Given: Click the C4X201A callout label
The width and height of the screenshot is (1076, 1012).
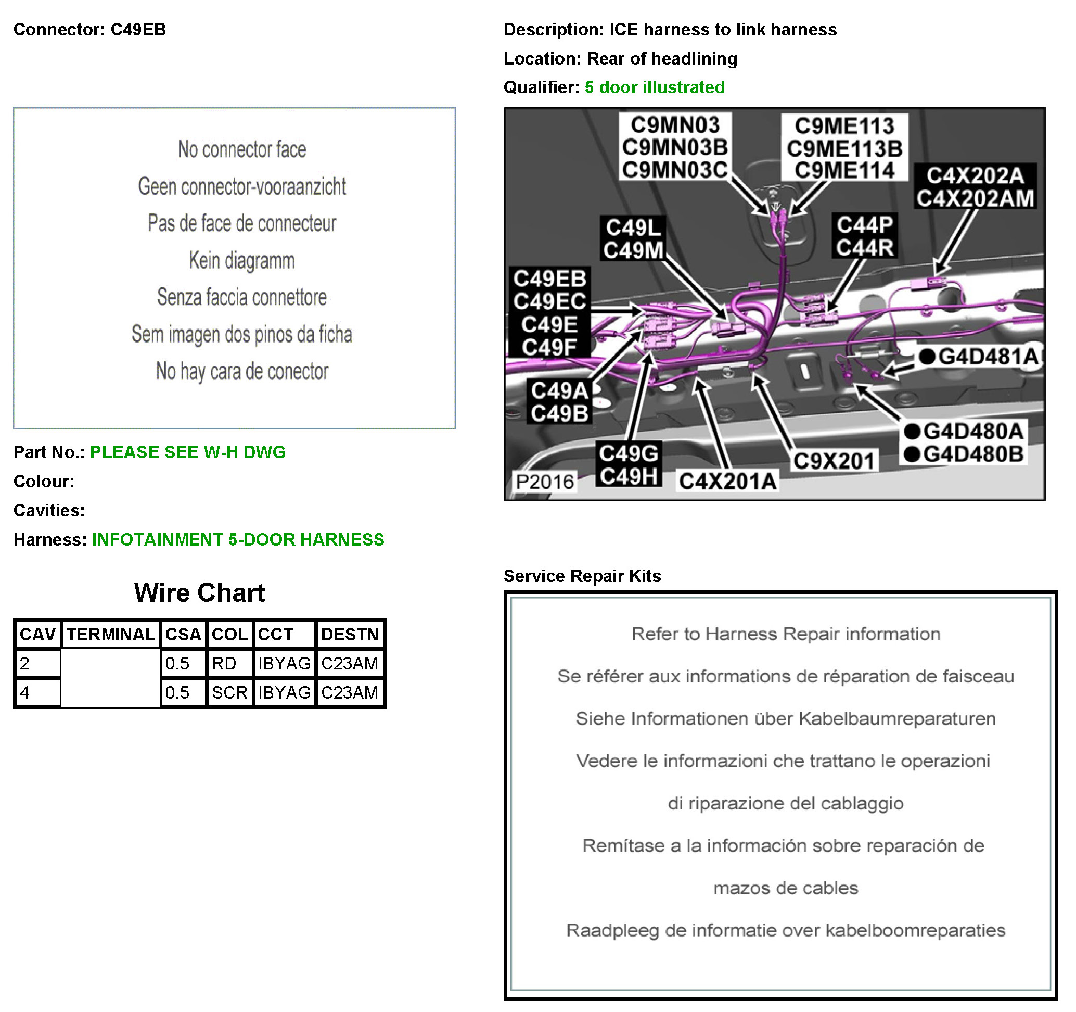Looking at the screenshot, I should [x=727, y=481].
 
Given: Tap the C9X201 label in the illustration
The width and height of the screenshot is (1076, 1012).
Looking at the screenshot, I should [x=834, y=461].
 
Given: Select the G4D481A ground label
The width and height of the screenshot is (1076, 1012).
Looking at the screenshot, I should [x=988, y=357].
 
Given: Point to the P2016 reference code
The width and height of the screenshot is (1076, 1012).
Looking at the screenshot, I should [x=544, y=482].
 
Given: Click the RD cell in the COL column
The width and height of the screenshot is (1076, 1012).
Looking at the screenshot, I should [x=224, y=663].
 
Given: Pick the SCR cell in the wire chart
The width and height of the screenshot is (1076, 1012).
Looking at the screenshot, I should [x=229, y=692].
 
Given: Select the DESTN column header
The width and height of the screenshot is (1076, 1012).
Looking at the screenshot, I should [x=350, y=634].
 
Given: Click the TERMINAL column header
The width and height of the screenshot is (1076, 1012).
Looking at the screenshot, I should [x=110, y=634].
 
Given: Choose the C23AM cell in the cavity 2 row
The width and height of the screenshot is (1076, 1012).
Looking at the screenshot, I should [x=349, y=663].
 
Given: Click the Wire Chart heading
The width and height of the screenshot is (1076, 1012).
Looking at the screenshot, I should [x=199, y=593].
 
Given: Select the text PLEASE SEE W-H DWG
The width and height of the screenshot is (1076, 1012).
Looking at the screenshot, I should [x=187, y=452].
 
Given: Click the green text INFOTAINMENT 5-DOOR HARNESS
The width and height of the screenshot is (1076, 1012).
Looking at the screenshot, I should [x=238, y=539].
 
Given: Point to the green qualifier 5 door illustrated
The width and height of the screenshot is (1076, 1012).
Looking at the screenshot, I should [x=655, y=87].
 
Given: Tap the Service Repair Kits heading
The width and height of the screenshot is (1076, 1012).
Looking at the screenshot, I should [x=582, y=576].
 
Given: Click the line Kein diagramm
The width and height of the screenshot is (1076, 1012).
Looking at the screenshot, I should [x=241, y=260].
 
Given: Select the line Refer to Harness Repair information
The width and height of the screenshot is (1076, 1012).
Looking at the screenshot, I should [x=785, y=634].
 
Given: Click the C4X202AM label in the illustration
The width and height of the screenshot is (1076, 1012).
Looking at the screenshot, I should [x=975, y=198].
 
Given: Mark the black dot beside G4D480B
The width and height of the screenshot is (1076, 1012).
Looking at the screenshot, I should [x=912, y=454].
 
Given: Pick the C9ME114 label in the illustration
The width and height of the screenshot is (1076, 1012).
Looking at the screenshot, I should [x=844, y=171].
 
